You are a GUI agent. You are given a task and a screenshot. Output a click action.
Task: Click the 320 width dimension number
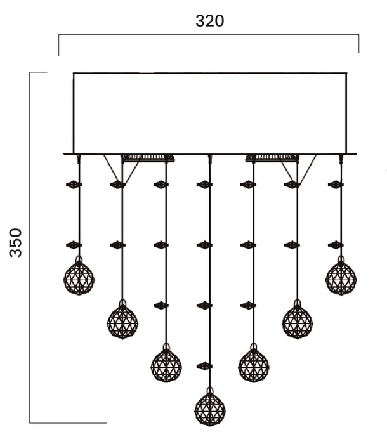pyautogui.click(x=209, y=21)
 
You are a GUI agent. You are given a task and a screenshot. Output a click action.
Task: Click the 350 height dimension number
pyautogui.click(x=15, y=243)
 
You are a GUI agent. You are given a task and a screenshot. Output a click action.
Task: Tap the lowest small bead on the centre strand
pyautogui.click(x=204, y=366)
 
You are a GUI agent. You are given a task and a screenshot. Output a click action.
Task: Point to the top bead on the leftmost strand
pyautogui.click(x=74, y=185)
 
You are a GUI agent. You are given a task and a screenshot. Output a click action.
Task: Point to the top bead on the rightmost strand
pyautogui.click(x=336, y=185)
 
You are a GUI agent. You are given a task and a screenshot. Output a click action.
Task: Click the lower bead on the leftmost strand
pyautogui.click(x=74, y=245)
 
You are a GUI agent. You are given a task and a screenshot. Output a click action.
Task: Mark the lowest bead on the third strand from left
pyautogui.click(x=161, y=306)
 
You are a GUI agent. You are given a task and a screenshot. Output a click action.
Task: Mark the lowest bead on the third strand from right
pyautogui.click(x=248, y=306)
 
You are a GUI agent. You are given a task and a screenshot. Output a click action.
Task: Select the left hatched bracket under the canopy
pyautogui.click(x=148, y=158)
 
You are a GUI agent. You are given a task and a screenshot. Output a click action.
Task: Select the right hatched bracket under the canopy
pyautogui.click(x=272, y=158)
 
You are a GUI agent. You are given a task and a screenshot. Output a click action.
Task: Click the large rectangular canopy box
pyautogui.click(x=210, y=114)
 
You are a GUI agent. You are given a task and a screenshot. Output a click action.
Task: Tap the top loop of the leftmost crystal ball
pyautogui.click(x=79, y=259)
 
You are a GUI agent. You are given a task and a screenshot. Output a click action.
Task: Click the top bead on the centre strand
pyautogui.click(x=204, y=185)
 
